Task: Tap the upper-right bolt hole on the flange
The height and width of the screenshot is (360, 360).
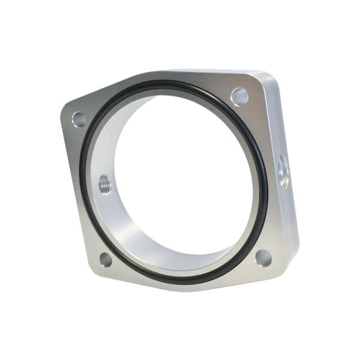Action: pyautogui.click(x=240, y=96)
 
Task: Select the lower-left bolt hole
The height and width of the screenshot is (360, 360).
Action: pyautogui.click(x=106, y=260)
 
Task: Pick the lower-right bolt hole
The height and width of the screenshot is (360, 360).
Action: pyautogui.click(x=263, y=258)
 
